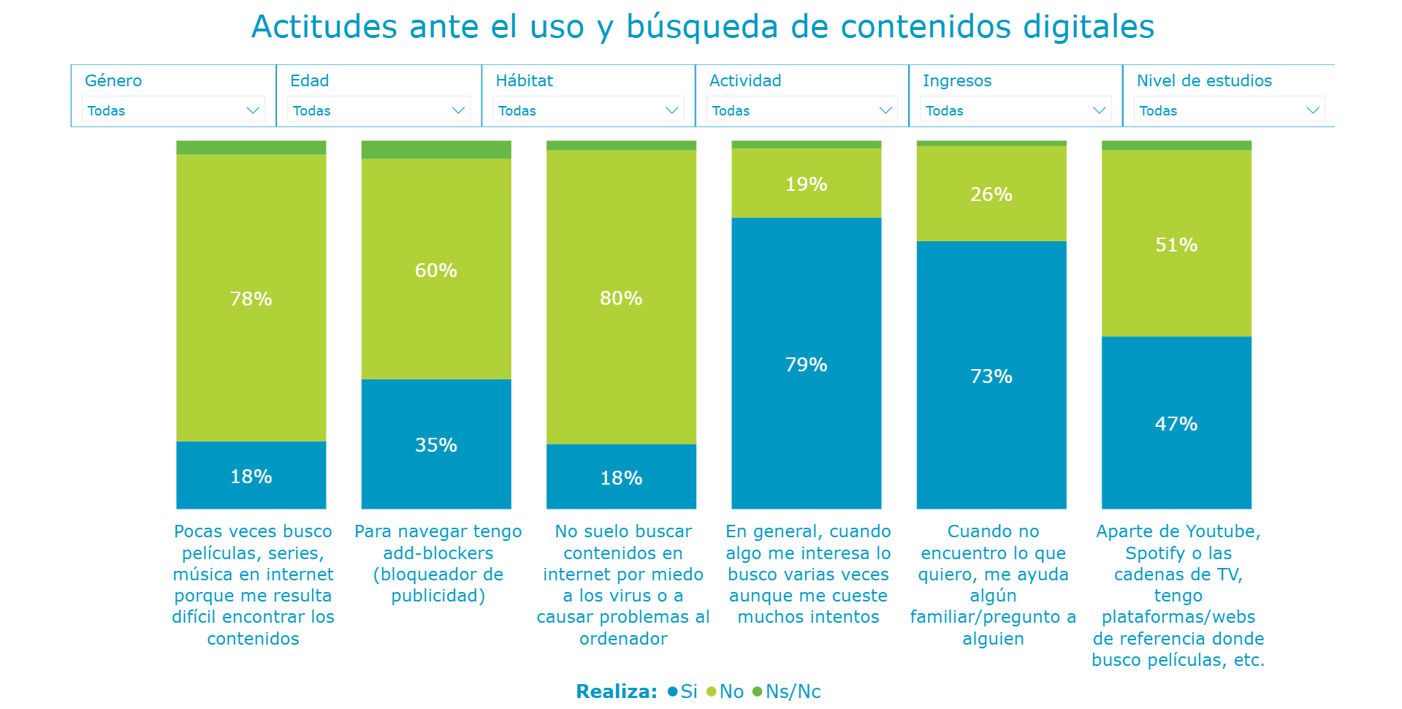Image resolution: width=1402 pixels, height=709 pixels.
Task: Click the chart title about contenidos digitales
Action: [702, 27]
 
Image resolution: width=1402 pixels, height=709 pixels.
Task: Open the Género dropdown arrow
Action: [253, 110]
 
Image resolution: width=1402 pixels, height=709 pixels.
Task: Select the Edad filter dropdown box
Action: [378, 110]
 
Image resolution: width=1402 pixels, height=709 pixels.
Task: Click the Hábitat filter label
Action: [524, 80]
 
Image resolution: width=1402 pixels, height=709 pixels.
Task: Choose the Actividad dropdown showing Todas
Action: [802, 110]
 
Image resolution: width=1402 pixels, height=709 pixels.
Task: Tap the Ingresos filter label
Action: [956, 80]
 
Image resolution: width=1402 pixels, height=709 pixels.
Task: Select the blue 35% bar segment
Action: [436, 444]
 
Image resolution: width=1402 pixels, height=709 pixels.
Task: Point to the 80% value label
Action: [621, 298]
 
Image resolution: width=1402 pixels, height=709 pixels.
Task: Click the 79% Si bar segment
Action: [806, 364]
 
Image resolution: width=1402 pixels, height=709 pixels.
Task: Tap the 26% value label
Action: [991, 194]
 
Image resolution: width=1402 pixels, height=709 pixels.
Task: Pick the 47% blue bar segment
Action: [1176, 423]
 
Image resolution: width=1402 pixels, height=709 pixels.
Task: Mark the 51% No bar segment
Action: [1176, 244]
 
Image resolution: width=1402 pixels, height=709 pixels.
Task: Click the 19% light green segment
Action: [806, 184]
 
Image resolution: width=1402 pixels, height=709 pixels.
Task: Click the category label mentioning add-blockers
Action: [438, 564]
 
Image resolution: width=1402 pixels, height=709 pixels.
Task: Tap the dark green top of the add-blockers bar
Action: [436, 150]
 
